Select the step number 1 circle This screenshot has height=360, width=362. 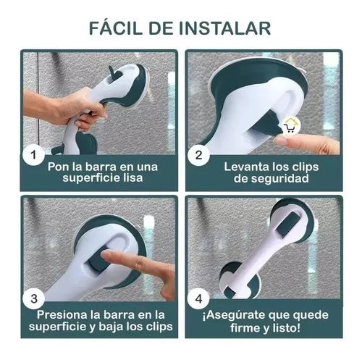33,154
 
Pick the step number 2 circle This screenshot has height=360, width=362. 198,155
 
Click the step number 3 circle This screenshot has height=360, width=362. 34,298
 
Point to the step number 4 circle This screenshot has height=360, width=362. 198,299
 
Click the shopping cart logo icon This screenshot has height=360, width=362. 290,126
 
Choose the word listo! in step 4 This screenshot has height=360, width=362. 285,327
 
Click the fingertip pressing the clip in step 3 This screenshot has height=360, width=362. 106,254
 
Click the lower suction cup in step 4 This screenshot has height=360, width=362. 240,280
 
